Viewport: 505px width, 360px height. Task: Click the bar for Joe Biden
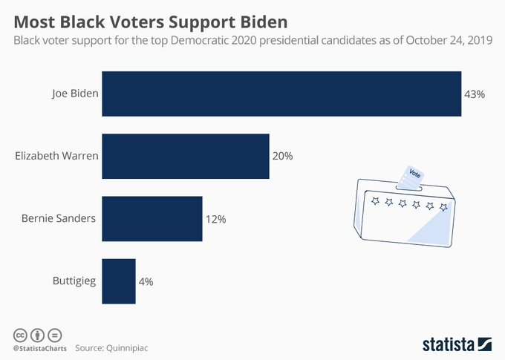(x=281, y=94)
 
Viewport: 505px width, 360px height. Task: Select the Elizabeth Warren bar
(x=185, y=157)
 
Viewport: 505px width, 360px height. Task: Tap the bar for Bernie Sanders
(x=151, y=219)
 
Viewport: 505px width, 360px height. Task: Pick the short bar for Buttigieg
(x=118, y=281)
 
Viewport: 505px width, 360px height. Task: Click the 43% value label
(x=475, y=94)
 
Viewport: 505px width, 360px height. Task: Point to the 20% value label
(x=283, y=157)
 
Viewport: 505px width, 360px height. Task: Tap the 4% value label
(x=146, y=281)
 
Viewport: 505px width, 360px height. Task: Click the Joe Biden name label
(x=74, y=94)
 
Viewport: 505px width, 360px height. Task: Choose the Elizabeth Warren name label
(x=56, y=157)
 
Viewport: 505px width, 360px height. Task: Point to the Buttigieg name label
(x=73, y=281)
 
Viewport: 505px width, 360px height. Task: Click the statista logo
(x=457, y=343)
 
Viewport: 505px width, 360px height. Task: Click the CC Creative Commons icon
(x=19, y=334)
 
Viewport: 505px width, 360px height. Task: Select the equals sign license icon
(x=53, y=334)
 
